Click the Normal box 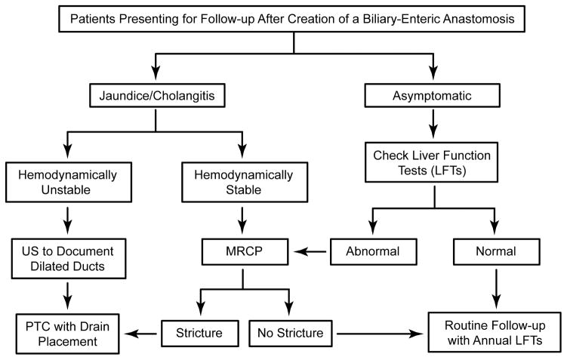pyautogui.click(x=495, y=251)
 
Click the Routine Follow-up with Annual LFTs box pyautogui.click(x=495, y=332)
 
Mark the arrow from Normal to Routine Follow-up pyautogui.click(x=495, y=287)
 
